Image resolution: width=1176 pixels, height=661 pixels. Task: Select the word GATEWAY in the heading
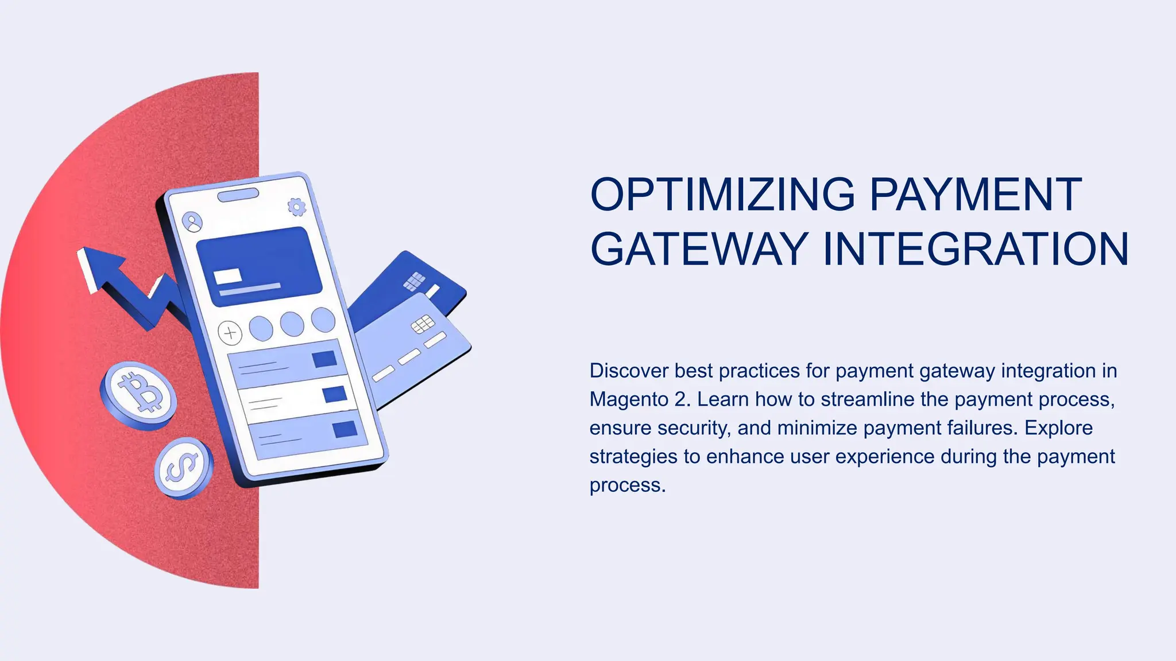699,249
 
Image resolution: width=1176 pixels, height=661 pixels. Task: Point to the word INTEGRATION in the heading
976,249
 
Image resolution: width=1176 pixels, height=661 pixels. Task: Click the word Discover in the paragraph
629,371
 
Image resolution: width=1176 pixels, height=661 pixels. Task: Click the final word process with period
628,485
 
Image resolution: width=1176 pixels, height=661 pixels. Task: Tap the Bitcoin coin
138,394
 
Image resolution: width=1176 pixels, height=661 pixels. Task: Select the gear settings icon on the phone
297,207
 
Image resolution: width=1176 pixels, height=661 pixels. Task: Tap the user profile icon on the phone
192,221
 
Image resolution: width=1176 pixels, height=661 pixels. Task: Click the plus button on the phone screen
230,332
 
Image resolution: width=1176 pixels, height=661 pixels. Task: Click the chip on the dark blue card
415,281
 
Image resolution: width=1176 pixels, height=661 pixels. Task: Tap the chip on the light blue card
423,325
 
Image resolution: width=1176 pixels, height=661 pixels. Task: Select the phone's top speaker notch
238,195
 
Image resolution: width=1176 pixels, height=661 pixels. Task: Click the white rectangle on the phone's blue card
227,276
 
